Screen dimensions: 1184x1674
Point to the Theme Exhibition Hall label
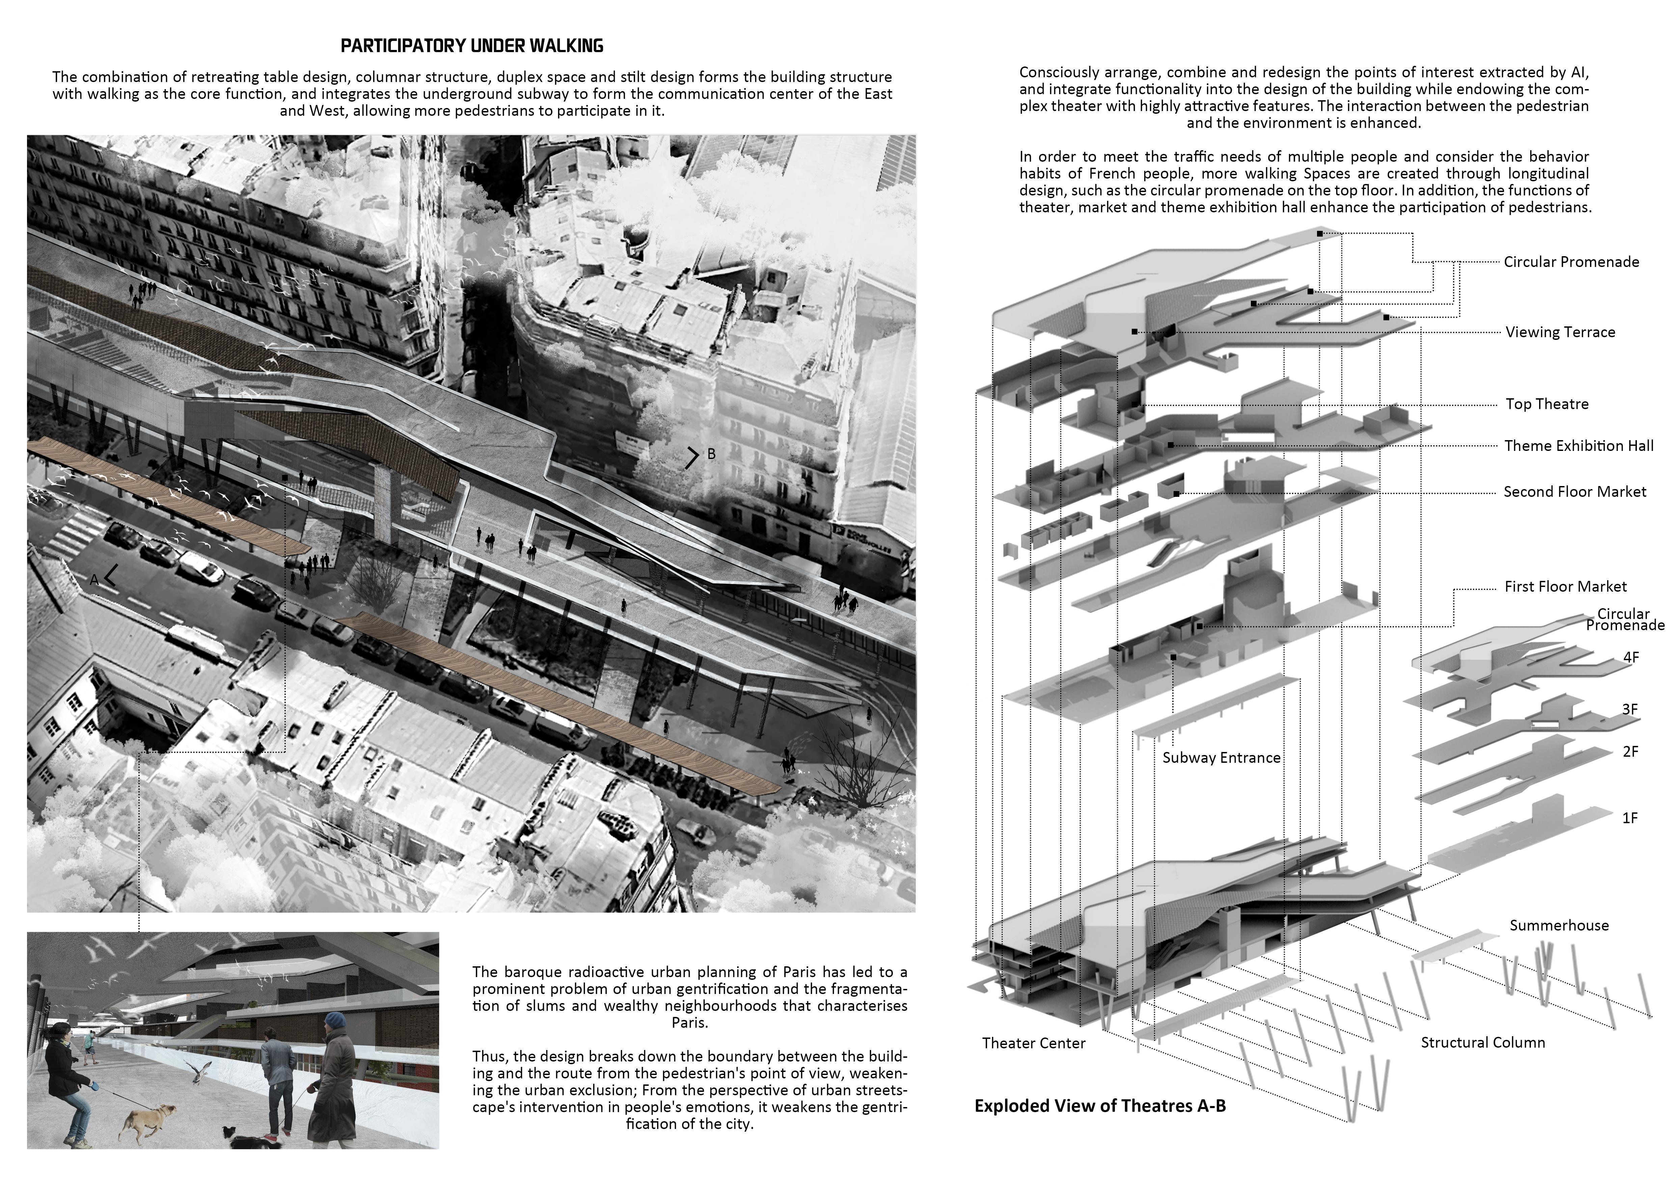[1579, 446]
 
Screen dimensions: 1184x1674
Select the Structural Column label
[1482, 1043]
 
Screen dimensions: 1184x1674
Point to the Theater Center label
[1033, 1043]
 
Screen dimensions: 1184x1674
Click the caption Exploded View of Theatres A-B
[1099, 1106]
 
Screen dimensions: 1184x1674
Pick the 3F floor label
[1629, 709]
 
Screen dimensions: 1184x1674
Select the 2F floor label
[1629, 752]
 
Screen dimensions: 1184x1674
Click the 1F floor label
[1629, 818]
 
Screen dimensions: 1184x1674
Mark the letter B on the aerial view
[711, 454]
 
